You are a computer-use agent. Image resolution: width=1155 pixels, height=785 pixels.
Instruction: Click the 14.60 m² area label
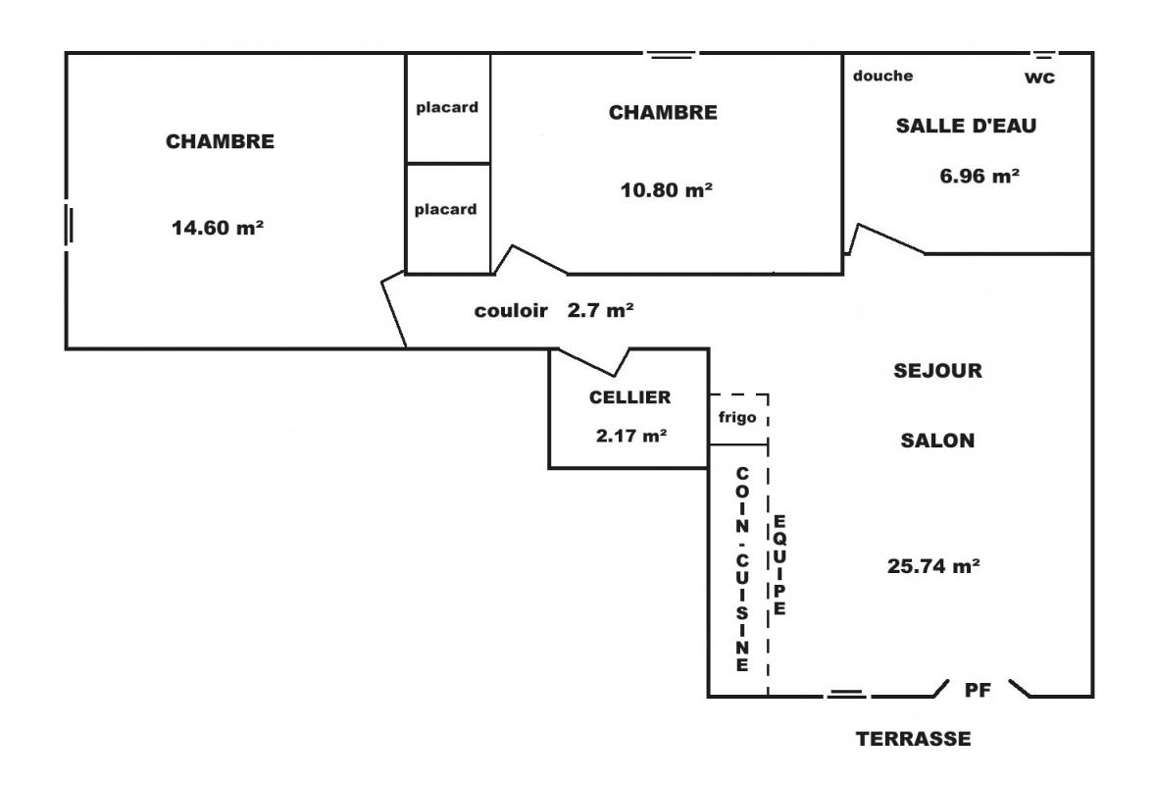(x=218, y=227)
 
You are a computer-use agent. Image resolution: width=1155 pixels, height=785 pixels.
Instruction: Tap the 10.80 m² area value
(x=666, y=190)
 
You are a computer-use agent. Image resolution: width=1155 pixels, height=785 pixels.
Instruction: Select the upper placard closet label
(x=447, y=108)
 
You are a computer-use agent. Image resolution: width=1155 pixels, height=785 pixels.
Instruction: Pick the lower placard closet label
(x=446, y=209)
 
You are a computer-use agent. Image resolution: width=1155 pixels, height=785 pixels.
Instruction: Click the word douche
(x=882, y=76)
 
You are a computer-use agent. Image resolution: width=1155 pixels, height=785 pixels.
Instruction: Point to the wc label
(x=1039, y=78)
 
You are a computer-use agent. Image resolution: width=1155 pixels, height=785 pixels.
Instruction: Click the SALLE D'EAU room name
(x=966, y=126)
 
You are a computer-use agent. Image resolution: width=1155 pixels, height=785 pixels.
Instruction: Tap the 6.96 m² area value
(x=979, y=177)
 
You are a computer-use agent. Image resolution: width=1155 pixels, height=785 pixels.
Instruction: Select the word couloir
(x=511, y=310)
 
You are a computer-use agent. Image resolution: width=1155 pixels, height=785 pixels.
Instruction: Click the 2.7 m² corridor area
(x=600, y=310)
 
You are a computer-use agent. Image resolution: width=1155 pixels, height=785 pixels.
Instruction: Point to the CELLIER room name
(x=629, y=397)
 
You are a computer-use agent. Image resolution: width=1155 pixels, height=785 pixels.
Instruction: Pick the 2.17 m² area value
(x=631, y=436)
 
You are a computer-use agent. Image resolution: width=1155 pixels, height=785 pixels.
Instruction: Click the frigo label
(x=737, y=418)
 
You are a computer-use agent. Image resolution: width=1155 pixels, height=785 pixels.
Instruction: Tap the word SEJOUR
(x=937, y=370)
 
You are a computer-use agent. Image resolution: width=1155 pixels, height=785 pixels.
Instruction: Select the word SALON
(x=937, y=441)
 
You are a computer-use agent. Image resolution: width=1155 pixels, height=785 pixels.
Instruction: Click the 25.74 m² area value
(x=933, y=566)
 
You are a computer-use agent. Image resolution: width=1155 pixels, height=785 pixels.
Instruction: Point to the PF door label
(x=979, y=690)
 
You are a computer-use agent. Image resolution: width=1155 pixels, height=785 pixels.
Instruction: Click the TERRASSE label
(x=914, y=739)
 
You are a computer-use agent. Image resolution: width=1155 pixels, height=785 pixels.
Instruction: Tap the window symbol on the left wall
(x=70, y=225)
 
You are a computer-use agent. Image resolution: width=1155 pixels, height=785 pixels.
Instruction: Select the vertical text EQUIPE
(x=779, y=564)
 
